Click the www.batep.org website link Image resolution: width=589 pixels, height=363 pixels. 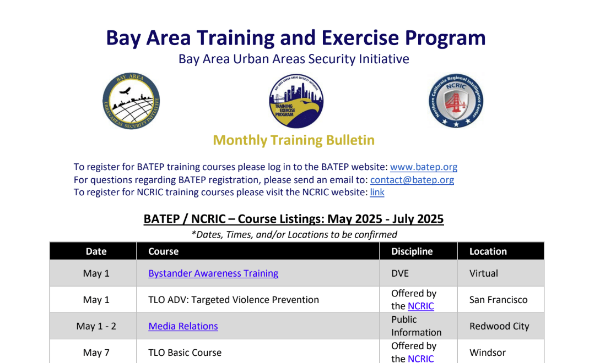(424, 167)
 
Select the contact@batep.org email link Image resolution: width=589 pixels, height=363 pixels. (412, 180)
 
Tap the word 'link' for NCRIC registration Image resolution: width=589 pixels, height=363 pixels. (377, 193)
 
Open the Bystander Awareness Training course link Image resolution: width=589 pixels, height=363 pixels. (213, 273)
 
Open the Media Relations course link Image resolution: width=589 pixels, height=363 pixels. (183, 326)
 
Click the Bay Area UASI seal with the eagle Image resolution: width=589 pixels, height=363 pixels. (131, 101)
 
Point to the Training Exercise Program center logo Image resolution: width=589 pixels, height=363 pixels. (296, 101)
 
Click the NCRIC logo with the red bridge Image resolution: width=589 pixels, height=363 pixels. (456, 101)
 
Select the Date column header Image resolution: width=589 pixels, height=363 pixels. (96, 251)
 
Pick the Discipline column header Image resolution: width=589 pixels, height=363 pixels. (412, 251)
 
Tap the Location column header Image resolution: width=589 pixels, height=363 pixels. (488, 251)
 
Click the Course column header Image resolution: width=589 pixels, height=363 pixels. (164, 251)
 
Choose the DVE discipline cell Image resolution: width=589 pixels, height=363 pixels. (400, 273)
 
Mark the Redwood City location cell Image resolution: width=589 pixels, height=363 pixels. (499, 326)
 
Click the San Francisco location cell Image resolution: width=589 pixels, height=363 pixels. (499, 300)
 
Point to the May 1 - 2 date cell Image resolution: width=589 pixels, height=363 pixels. (96, 326)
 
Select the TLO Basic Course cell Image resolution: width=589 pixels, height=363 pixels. (185, 353)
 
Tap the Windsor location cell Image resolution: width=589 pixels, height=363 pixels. (488, 353)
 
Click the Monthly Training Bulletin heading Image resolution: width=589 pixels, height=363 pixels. (294, 140)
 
